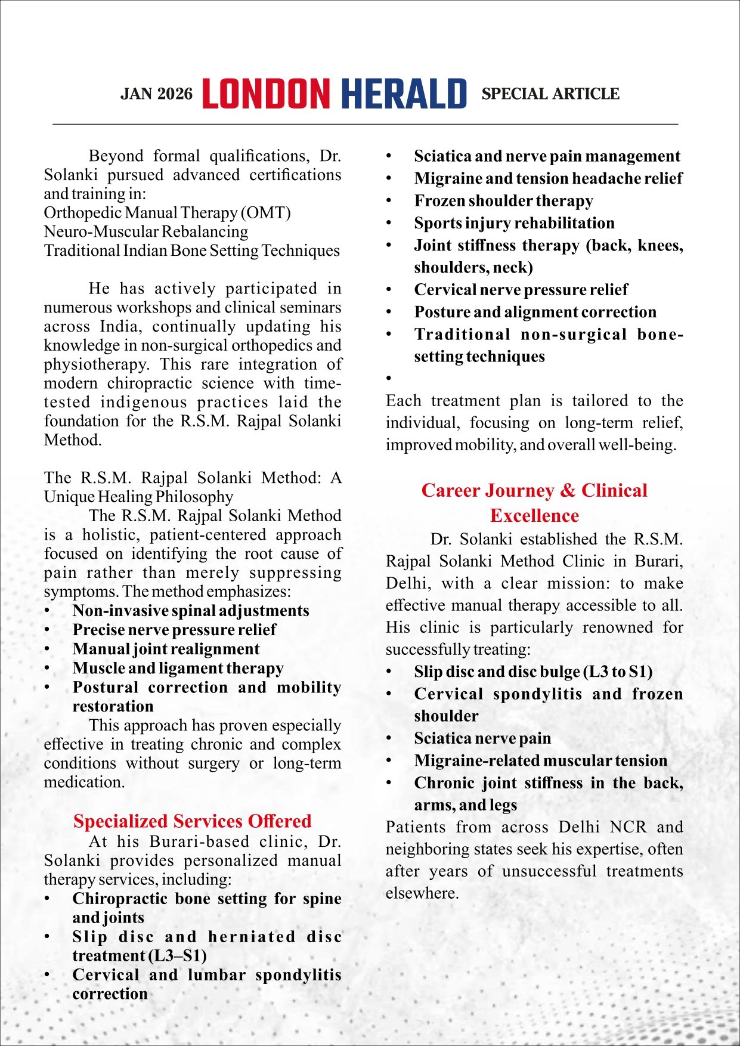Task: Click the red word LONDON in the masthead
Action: click(266, 94)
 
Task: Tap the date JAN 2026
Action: click(157, 94)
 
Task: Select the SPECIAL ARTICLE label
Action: click(550, 94)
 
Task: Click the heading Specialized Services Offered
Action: click(192, 821)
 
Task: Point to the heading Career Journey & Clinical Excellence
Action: click(534, 503)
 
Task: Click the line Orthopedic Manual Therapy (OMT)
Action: click(167, 213)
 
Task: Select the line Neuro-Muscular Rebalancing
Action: click(146, 232)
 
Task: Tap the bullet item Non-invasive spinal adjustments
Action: click(191, 611)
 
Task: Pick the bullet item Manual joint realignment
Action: click(166, 649)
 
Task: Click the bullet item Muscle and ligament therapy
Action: click(178, 668)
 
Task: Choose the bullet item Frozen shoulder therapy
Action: click(503, 201)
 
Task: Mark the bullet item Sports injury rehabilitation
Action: click(514, 223)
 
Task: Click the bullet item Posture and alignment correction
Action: click(535, 312)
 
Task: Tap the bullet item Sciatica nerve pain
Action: click(482, 738)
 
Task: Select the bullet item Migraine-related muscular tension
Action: click(540, 760)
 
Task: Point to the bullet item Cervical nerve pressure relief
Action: click(521, 290)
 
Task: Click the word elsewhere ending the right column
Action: click(422, 893)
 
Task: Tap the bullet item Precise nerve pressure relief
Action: click(174, 630)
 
